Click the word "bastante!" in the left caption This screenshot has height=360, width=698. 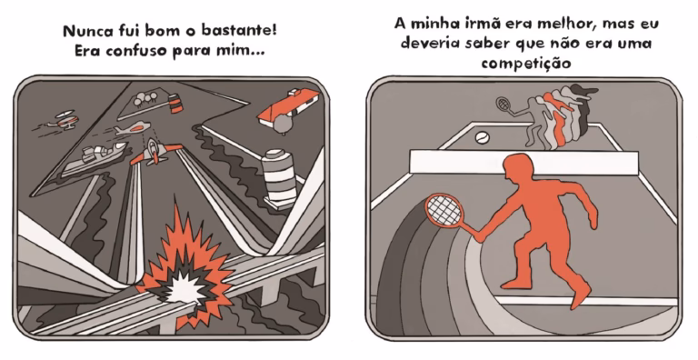pos(239,30)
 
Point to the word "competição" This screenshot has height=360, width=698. pos(526,63)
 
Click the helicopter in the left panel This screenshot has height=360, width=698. pos(65,119)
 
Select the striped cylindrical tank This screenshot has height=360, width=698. pos(279,177)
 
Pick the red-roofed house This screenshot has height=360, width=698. pos(289,107)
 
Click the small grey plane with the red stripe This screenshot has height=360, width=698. pos(132,129)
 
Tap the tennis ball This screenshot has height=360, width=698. pos(482,137)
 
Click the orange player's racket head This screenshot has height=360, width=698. pos(444,210)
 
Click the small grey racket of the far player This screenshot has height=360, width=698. pos(504,105)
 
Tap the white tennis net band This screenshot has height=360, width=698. pos(523,162)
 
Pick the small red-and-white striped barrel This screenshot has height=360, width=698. pos(174,104)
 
